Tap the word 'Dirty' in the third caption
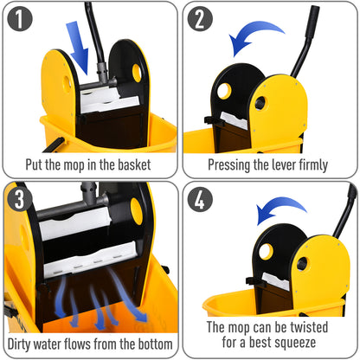click(x=27, y=344)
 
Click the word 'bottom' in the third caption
click(x=151, y=344)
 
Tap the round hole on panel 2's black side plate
click(x=223, y=90)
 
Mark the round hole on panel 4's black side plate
click(x=266, y=251)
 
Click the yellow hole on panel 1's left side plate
click(x=67, y=83)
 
